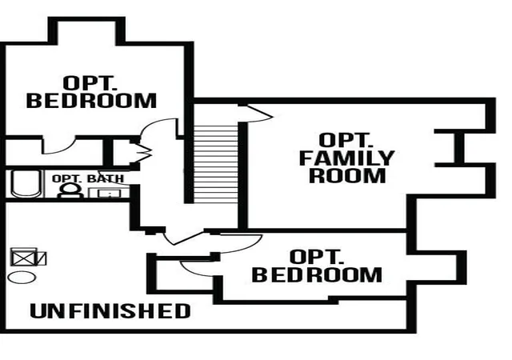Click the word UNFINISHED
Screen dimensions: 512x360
click(110, 310)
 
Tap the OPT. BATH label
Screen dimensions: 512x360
click(88, 178)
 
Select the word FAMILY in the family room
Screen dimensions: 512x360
click(346, 158)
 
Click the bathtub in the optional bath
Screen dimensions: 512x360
click(26, 184)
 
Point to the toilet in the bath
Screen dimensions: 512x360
click(70, 190)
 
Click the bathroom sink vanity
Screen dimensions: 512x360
click(109, 193)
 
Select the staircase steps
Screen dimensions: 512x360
click(215, 164)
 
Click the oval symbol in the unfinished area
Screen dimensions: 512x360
click(22, 278)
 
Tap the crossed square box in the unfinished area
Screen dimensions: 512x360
click(23, 258)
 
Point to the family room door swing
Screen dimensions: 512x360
click(258, 114)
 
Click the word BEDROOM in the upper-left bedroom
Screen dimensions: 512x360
click(91, 100)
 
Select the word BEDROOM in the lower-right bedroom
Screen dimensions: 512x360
click(317, 274)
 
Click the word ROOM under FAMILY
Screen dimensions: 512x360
click(347, 175)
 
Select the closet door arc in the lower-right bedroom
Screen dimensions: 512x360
click(197, 269)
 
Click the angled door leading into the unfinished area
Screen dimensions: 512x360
click(183, 237)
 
